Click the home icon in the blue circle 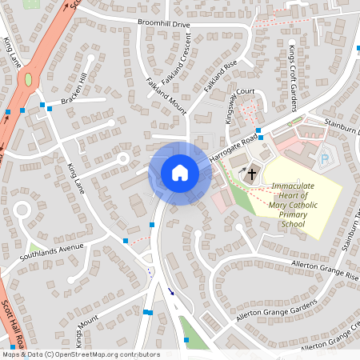179,173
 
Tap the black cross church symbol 252,173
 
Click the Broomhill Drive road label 164,25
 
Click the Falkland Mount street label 166,96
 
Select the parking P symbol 324,160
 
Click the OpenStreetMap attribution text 81,354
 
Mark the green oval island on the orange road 29,80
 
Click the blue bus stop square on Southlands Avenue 126,240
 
